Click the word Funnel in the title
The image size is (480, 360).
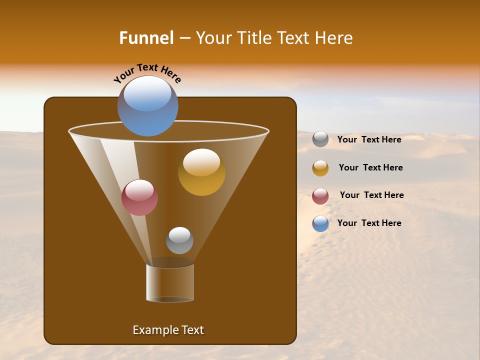point(146,38)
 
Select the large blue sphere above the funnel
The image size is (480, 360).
point(147,106)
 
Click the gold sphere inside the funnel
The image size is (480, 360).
point(201,172)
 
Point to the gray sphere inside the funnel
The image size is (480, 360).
point(179,240)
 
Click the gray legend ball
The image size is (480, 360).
point(320,139)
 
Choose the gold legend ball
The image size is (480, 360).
point(320,168)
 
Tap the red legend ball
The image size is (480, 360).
point(320,196)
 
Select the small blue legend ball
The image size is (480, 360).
point(320,223)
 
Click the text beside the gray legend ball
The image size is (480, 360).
point(369,139)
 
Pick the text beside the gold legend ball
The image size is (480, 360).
point(370,167)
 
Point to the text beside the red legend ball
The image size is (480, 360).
point(371,195)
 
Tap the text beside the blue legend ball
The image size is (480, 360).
point(369,223)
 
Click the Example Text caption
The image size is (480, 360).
point(168,330)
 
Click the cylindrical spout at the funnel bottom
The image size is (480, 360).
point(170,283)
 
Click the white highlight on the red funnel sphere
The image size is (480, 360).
point(139,190)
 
